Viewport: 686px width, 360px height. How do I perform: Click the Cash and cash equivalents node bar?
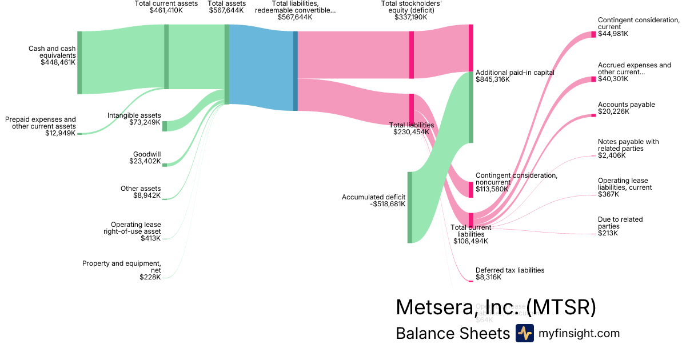tap(79, 62)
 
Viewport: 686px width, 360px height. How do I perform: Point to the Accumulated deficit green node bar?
tap(409, 207)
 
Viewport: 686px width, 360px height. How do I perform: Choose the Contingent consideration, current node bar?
tap(593, 34)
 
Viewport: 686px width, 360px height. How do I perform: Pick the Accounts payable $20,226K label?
tap(626, 108)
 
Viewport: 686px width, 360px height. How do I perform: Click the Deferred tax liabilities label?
tap(509, 273)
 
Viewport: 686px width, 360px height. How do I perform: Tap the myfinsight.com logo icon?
tap(524, 333)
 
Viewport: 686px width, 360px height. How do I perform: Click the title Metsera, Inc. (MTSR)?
tap(496, 307)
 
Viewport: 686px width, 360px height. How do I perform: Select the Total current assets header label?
tap(166, 7)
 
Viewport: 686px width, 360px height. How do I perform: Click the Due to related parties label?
tap(620, 226)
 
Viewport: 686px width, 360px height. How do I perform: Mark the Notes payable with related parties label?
tap(628, 149)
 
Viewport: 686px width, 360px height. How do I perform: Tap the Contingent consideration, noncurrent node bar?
tap(471, 190)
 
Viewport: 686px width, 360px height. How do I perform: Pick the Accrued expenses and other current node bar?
tap(593, 79)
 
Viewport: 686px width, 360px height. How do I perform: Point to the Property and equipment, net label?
tap(121, 270)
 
